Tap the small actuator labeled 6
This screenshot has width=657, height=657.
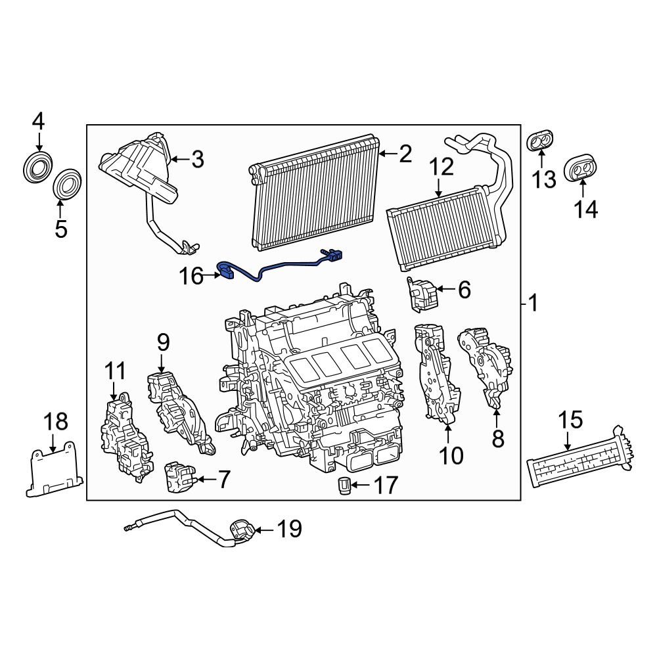420,292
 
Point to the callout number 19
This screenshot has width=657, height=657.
288,528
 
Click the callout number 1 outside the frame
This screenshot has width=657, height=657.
533,303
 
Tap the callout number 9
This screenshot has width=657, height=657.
163,342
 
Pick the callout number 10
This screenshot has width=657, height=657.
451,455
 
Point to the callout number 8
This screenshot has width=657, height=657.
498,439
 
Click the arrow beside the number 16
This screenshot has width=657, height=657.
213,277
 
